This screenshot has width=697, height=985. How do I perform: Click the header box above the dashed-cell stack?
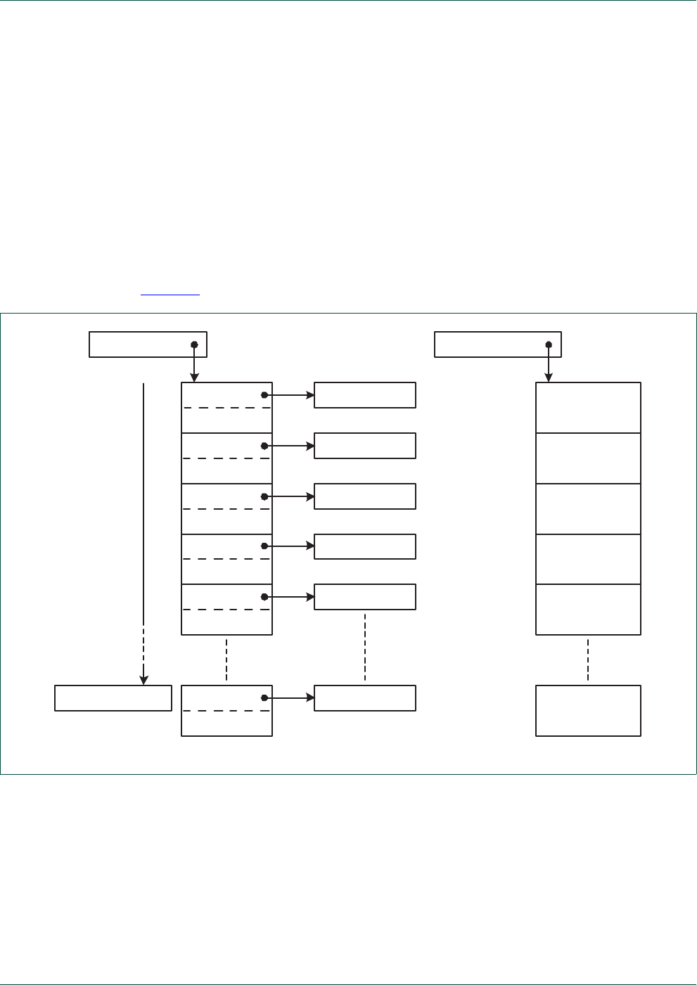(x=148, y=345)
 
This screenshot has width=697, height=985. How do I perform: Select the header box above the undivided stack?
(x=497, y=345)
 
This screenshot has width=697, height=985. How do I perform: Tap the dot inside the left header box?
(x=195, y=345)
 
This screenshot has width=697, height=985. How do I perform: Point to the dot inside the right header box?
(x=549, y=345)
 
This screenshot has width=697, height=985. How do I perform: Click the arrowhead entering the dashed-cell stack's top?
(x=195, y=378)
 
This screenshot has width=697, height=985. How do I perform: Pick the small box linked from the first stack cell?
(x=364, y=395)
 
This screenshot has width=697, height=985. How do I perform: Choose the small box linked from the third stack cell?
(x=364, y=496)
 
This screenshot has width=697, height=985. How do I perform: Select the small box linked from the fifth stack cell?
(x=364, y=597)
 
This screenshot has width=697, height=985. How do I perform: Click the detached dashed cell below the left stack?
(x=226, y=711)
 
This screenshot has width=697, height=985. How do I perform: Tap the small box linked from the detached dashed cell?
(x=364, y=698)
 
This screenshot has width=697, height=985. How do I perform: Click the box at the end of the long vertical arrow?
(x=113, y=698)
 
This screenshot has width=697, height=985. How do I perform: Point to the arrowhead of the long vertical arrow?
(x=143, y=680)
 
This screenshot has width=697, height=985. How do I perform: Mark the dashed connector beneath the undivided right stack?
(x=588, y=659)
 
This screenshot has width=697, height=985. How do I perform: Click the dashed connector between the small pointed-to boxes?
(x=365, y=647)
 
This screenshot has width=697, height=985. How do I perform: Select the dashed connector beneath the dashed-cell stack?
(x=226, y=659)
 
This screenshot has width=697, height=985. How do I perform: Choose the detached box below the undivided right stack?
(x=588, y=711)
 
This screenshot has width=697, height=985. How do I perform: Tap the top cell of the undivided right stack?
(x=588, y=408)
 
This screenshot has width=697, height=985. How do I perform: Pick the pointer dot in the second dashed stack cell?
(x=264, y=446)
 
